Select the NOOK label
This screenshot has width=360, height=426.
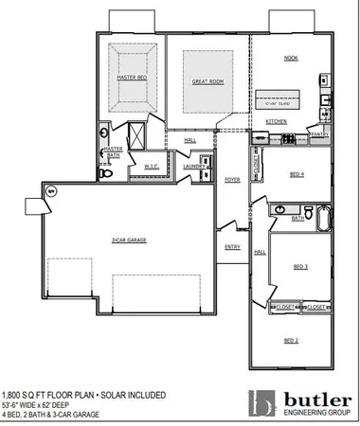[291, 58]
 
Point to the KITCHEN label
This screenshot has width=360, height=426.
[276, 122]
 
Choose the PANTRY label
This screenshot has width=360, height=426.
[319, 134]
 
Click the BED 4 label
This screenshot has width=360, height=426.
[297, 174]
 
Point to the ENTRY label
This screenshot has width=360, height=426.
[232, 247]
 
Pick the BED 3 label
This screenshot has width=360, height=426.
[300, 268]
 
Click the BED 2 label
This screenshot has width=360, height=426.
[291, 339]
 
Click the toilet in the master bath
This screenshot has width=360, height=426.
[107, 173]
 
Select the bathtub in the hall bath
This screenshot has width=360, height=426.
[322, 220]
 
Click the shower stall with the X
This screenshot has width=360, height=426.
[135, 133]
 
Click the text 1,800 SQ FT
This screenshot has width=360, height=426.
[24, 394]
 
